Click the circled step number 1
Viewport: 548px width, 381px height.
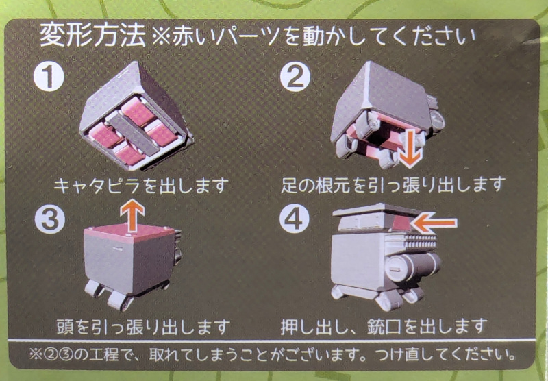point(49,77)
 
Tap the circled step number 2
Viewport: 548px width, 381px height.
point(295,77)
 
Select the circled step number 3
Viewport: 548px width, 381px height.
point(50,219)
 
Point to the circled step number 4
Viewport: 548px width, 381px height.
point(295,219)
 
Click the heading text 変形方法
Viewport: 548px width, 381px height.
point(92,36)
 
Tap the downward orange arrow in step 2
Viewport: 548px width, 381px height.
point(410,149)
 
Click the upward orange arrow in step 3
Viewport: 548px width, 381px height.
point(132,216)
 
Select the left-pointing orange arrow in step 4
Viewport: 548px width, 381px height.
point(434,223)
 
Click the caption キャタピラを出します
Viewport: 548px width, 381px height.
point(141,186)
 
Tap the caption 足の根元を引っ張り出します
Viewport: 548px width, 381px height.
point(393,184)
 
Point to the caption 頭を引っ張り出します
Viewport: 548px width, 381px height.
point(143,327)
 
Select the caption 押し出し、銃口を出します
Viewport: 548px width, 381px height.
point(384,326)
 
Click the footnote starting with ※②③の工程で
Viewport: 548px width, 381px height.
point(273,355)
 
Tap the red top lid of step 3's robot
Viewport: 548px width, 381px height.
point(129,233)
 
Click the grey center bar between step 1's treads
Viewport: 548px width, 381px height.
point(133,134)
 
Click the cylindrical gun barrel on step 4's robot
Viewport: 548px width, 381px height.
point(413,267)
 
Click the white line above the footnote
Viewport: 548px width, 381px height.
point(271,340)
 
